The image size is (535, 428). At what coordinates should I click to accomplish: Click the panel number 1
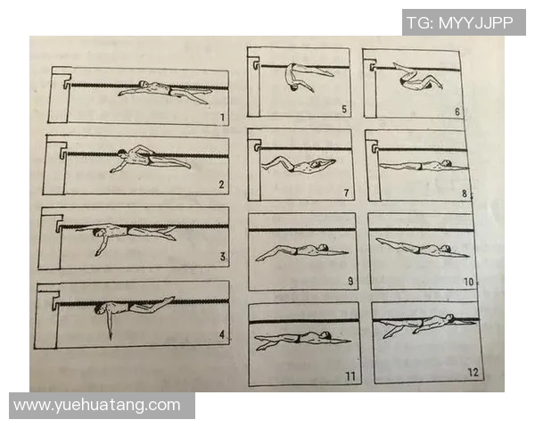click(222, 118)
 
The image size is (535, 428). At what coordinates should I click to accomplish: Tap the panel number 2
click(221, 185)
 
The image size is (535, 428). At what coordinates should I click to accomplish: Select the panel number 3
click(222, 257)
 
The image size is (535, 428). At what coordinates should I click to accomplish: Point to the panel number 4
click(222, 334)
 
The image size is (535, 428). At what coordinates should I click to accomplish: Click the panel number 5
click(344, 109)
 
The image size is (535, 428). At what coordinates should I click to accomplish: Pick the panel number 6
click(457, 111)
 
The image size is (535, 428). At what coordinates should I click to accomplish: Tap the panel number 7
click(346, 193)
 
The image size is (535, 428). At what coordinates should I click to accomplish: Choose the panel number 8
click(465, 193)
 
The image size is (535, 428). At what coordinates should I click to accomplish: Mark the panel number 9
click(350, 281)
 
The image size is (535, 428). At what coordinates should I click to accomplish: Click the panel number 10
click(468, 282)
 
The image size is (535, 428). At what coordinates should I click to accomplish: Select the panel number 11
click(350, 376)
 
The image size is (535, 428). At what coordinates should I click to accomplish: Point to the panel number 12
click(473, 373)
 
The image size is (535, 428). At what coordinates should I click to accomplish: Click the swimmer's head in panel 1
click(144, 84)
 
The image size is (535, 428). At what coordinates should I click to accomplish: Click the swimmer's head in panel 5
click(293, 88)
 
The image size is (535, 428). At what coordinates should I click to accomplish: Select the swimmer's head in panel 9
click(323, 247)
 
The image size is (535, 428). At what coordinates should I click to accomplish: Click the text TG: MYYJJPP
click(460, 22)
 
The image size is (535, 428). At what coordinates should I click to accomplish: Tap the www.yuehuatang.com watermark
click(97, 406)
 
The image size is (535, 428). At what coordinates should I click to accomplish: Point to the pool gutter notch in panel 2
click(63, 153)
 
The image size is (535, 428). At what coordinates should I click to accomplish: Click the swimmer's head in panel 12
click(449, 318)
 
